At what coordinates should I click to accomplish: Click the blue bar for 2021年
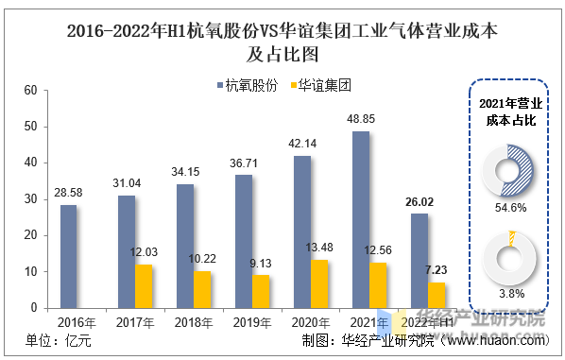click(x=361, y=220)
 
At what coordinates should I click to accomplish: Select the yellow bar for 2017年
click(x=144, y=286)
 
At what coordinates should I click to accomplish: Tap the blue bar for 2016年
click(x=68, y=257)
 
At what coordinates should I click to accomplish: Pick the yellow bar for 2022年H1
click(x=437, y=296)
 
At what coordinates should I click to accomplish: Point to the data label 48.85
click(x=361, y=119)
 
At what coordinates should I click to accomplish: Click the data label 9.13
click(x=261, y=264)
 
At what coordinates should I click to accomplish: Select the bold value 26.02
click(x=419, y=202)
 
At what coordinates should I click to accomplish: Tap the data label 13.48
click(x=319, y=248)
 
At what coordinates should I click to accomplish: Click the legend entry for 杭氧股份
click(x=248, y=86)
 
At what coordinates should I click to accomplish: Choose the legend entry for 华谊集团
click(x=320, y=86)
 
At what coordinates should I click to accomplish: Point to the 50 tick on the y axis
click(x=30, y=127)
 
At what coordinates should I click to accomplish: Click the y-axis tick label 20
click(x=30, y=235)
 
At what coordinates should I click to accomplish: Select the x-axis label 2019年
click(x=252, y=322)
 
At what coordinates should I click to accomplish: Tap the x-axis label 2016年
click(x=77, y=322)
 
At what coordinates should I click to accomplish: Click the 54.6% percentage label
click(x=510, y=208)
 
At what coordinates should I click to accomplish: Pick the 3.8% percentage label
click(x=511, y=294)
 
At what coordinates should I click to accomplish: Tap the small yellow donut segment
click(x=512, y=238)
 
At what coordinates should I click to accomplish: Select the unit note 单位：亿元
click(x=59, y=340)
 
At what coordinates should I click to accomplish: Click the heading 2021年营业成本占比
click(x=510, y=112)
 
